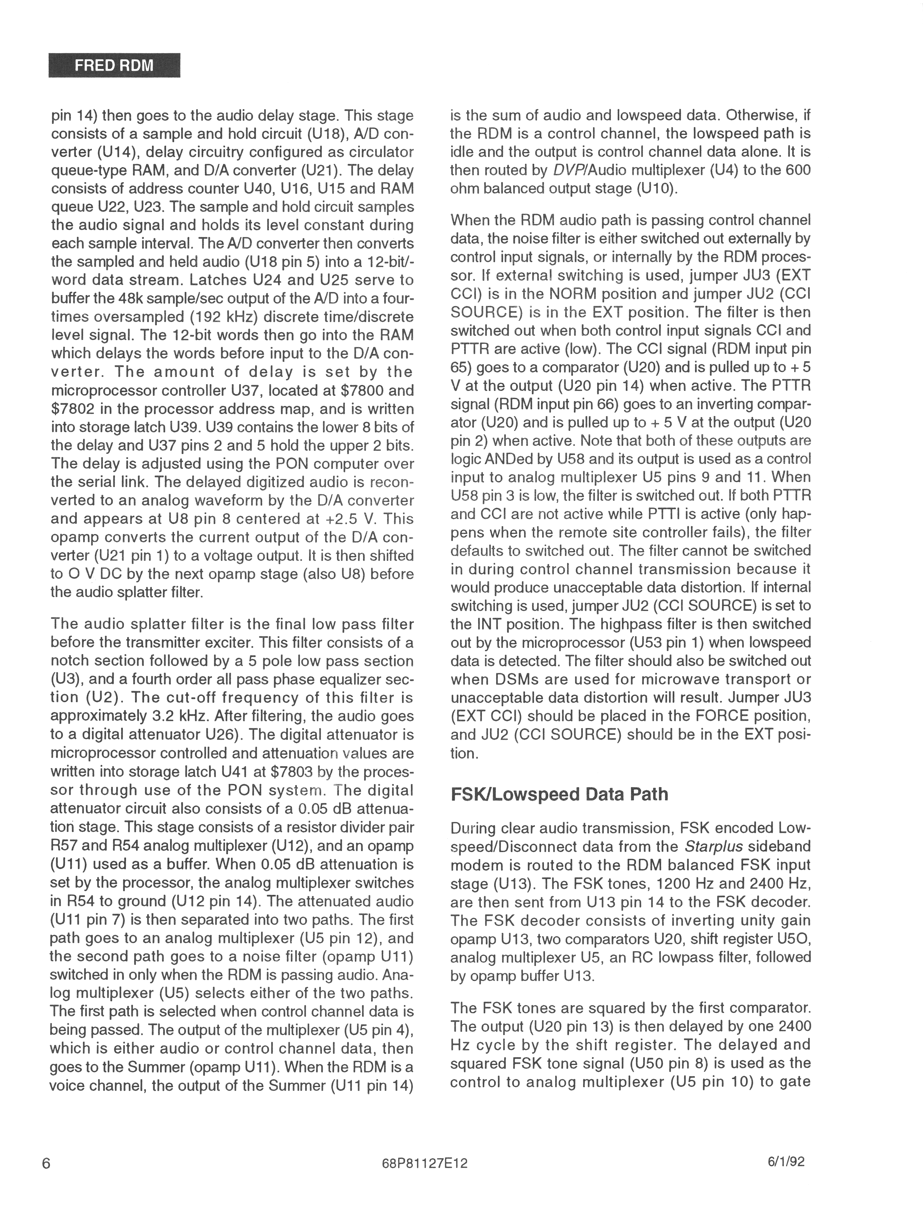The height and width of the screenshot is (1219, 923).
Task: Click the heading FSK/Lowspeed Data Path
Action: tap(559, 794)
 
